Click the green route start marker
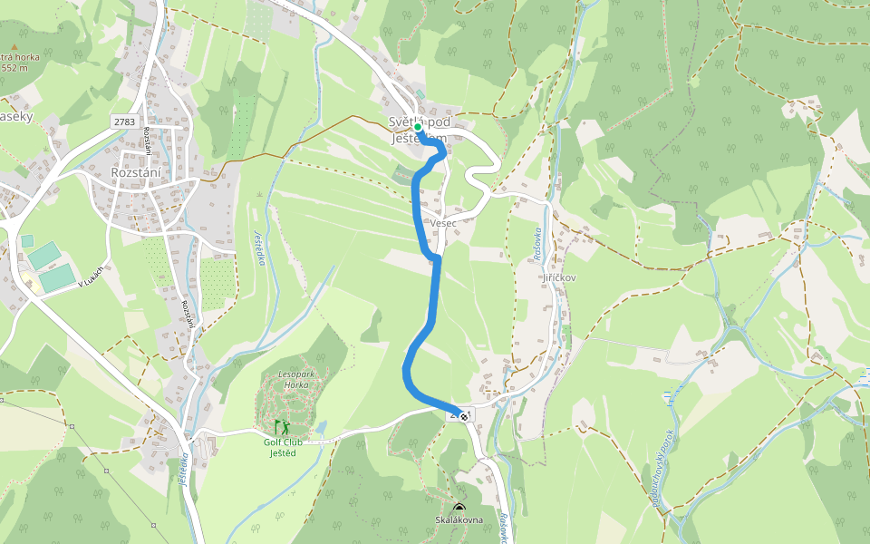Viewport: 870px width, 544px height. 418,128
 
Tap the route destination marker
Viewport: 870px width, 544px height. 464,416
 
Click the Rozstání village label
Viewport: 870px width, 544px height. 136,173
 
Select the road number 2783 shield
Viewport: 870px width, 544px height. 124,121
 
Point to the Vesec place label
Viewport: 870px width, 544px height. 443,223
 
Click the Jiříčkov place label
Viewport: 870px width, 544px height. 559,277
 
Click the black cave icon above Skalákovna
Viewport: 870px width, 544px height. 459,508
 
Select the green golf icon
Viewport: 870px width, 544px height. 281,426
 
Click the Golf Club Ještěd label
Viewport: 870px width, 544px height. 283,448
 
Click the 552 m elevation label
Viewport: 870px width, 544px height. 15,67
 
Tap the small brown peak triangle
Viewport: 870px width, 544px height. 14,45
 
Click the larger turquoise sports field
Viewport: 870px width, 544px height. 57,277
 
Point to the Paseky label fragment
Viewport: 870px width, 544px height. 16,117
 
